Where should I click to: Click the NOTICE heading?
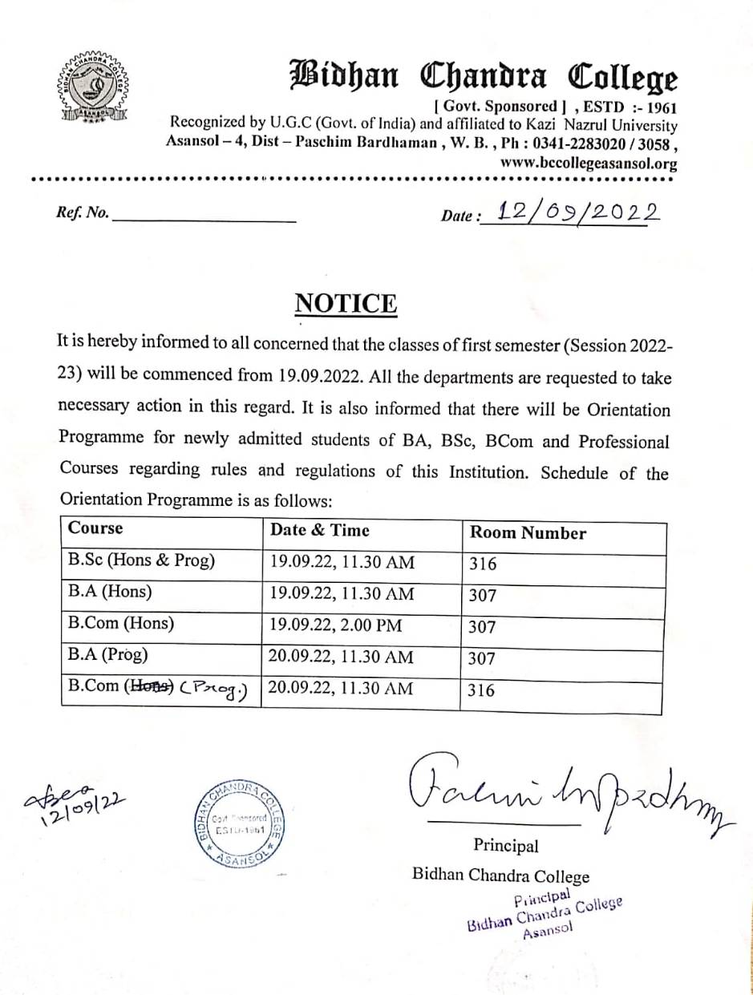[x=346, y=304]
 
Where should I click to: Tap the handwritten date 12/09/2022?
[x=577, y=212]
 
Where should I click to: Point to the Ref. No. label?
[x=83, y=213]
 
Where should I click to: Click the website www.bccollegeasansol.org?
[x=589, y=164]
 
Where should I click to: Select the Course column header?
[x=96, y=528]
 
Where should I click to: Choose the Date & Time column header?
[x=320, y=529]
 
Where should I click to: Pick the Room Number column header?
[x=528, y=533]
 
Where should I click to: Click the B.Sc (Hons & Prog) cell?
[x=142, y=560]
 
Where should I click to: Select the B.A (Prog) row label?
[x=108, y=655]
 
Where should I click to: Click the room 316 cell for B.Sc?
[x=483, y=564]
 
